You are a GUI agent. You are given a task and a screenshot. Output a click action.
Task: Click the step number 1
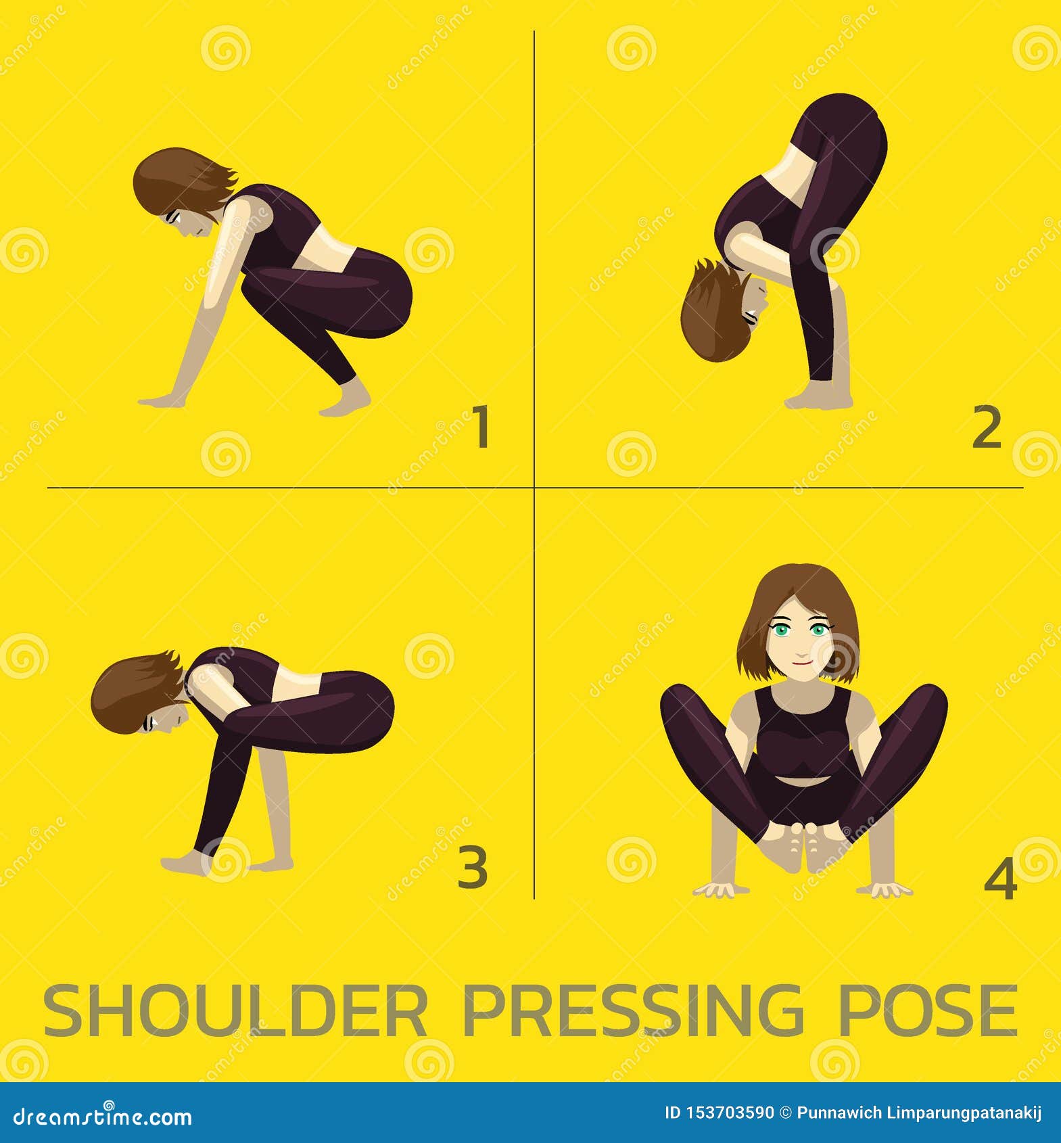pos(481,427)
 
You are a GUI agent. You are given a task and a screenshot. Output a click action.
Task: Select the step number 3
pos(473,868)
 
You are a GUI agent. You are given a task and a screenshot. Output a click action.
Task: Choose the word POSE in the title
pos(928,1011)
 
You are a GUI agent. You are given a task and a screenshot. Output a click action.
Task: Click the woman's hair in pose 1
pos(177,179)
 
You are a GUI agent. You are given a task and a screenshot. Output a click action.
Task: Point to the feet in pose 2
pos(818,398)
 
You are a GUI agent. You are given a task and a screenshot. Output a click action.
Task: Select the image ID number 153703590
pos(719,1113)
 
